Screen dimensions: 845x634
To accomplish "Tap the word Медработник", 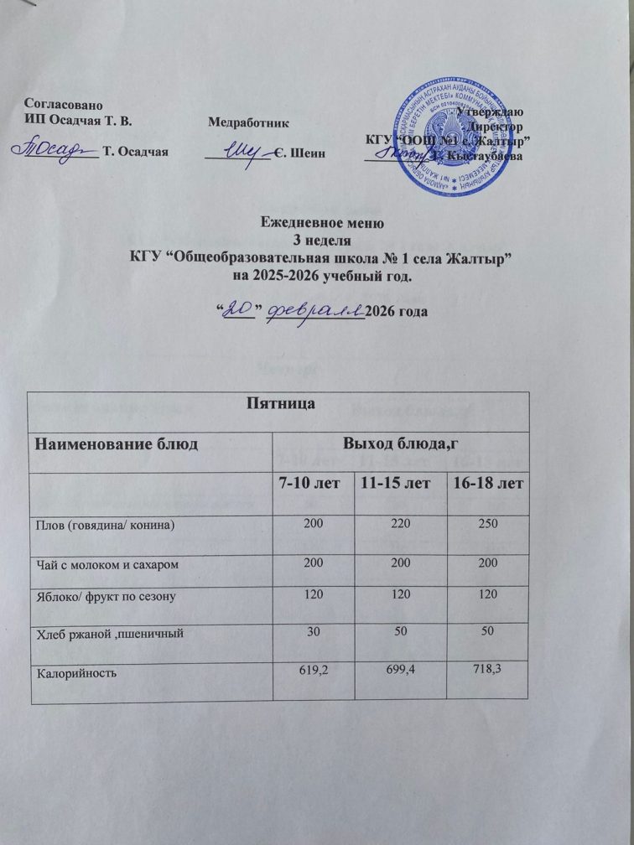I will click(x=248, y=122).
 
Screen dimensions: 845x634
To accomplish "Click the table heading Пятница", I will click(x=278, y=404).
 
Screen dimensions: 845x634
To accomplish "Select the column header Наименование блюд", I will click(x=115, y=443).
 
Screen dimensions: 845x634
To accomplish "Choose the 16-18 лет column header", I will click(x=488, y=484).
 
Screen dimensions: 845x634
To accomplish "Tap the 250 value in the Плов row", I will click(x=487, y=524).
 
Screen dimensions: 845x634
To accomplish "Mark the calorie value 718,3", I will click(x=487, y=667).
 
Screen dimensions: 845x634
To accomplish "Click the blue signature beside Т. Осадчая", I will click(x=52, y=149).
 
